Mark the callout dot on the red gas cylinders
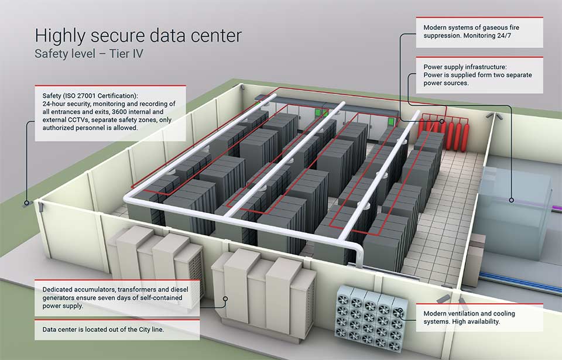coord(442,122)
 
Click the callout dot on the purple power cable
coord(512,200)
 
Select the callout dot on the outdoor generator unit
coord(225,299)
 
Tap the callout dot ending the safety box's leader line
coord(26,203)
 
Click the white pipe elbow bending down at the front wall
coord(357,251)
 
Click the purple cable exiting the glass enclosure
coord(557,207)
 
